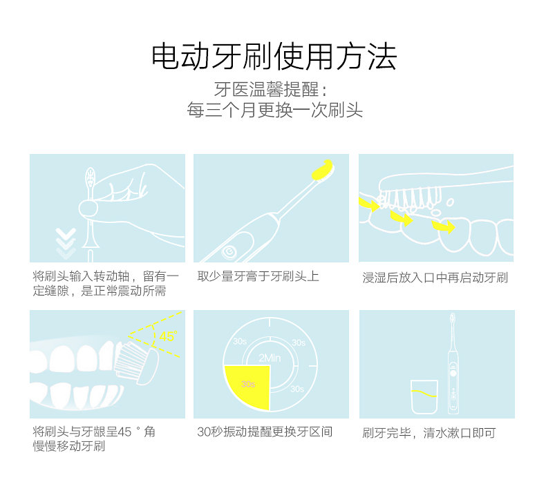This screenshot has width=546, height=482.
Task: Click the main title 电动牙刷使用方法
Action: (274, 57)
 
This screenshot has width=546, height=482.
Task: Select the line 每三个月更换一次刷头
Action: (275, 110)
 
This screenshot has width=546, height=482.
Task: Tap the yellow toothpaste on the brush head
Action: (323, 170)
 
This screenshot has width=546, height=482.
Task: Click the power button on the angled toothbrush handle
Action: (230, 251)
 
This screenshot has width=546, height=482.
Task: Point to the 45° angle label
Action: (168, 336)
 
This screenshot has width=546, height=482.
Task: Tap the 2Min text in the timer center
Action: (270, 358)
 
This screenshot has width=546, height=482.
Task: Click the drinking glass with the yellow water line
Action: (424, 397)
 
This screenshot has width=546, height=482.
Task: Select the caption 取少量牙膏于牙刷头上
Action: (258, 276)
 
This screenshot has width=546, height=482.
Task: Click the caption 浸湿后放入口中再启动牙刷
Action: (435, 278)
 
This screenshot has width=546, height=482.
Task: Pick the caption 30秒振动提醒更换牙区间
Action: (265, 432)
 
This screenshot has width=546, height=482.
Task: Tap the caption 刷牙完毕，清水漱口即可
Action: (429, 433)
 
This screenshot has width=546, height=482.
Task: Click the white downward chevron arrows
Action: (66, 243)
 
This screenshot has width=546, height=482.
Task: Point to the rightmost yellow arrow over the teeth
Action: (443, 226)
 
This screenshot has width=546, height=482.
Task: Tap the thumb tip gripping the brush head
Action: (88, 209)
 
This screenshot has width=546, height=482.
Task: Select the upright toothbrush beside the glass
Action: (453, 364)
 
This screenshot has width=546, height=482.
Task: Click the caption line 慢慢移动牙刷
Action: (69, 446)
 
